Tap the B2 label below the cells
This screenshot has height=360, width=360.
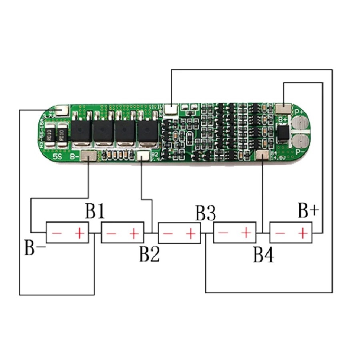(x=149, y=254)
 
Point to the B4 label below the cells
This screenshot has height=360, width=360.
(x=264, y=255)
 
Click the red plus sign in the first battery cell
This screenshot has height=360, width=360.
(x=81, y=232)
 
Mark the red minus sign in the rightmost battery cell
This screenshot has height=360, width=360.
(x=281, y=232)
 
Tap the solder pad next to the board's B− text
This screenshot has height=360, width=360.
(x=88, y=156)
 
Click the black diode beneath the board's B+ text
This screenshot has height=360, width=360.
(x=283, y=133)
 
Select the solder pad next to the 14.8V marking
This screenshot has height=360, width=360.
(x=262, y=155)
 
